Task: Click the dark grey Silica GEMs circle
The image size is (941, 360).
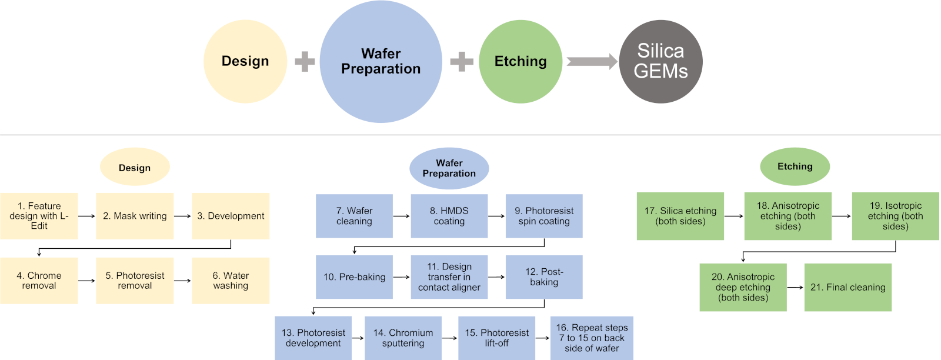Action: point(660,62)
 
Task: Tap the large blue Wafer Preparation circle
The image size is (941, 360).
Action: point(381,62)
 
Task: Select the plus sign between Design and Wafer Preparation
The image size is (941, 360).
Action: point(305,62)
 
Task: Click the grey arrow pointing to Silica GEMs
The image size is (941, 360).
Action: point(591,62)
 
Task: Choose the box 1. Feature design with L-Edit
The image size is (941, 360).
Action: point(39,216)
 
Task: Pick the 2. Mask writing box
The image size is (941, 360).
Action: point(135,216)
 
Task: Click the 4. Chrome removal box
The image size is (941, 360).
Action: point(39,281)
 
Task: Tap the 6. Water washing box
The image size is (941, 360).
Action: point(231,281)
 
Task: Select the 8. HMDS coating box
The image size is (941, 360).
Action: point(449,216)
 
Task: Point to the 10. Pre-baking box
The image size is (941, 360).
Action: point(354,277)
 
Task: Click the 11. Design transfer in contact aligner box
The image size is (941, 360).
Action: point(449,277)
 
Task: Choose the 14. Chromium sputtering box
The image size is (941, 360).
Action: point(403,338)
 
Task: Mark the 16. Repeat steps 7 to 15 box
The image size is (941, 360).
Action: point(592,338)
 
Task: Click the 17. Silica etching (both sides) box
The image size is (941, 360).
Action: point(680,216)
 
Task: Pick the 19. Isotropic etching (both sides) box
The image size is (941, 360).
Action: point(895,216)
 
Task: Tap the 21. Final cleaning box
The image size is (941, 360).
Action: point(847,287)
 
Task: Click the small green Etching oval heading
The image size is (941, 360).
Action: point(795,166)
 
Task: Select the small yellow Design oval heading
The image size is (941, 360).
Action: point(135,168)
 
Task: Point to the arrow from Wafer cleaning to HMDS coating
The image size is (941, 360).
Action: point(402,216)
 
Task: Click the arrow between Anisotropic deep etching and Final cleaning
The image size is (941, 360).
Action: point(795,287)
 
